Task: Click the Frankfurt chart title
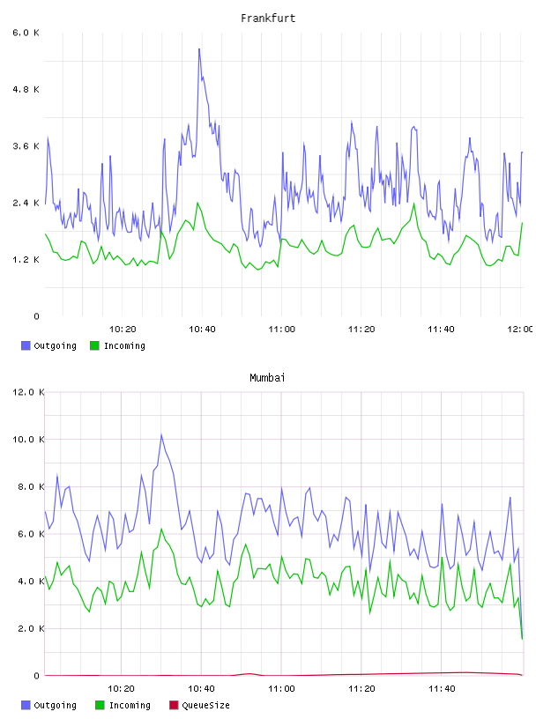pos(268,18)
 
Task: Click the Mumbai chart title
pos(267,377)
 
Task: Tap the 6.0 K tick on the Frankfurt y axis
pos(26,33)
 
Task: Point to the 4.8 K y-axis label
pos(26,89)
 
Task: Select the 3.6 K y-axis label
pos(26,146)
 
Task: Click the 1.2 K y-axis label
pos(26,260)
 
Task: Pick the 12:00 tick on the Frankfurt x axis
pos(520,329)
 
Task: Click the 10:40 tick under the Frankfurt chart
pos(202,329)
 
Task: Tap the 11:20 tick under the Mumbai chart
pos(361,688)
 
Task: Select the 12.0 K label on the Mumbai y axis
pos(28,392)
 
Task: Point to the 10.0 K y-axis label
pos(28,440)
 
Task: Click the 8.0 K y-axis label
pos(31,486)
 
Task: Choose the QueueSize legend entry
pos(199,705)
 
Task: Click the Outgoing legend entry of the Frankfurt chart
pos(49,345)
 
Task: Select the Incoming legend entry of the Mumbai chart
pos(123,705)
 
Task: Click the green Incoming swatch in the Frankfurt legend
pos(94,345)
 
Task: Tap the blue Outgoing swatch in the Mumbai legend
pos(26,705)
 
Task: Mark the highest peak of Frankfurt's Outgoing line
pos(199,48)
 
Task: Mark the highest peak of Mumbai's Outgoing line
pos(161,434)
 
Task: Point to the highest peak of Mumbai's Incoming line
pos(161,529)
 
